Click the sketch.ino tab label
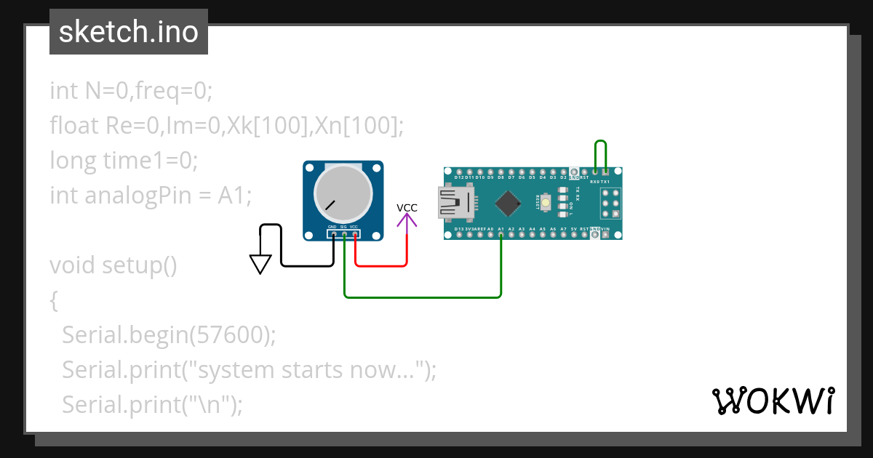(x=129, y=32)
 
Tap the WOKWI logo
(x=773, y=401)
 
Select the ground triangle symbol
(x=260, y=264)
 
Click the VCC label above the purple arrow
(x=407, y=208)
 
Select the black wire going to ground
(x=306, y=265)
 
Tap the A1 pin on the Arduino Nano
(x=501, y=235)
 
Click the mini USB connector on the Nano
(x=453, y=202)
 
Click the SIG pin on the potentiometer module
(x=344, y=234)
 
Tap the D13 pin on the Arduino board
(x=459, y=235)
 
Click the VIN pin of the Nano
(x=605, y=235)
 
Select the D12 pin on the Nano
(x=459, y=170)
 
